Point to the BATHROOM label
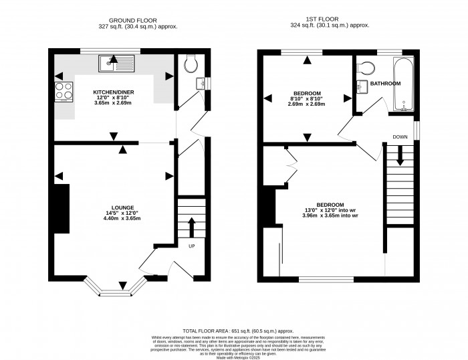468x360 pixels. pyautogui.click(x=386, y=84)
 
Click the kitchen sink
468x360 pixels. pyautogui.click(x=116, y=64)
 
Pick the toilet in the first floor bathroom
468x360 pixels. pyautogui.click(x=364, y=68)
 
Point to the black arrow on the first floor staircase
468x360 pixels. pyautogui.click(x=400, y=156)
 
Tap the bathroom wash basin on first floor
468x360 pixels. pyautogui.click(x=361, y=85)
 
